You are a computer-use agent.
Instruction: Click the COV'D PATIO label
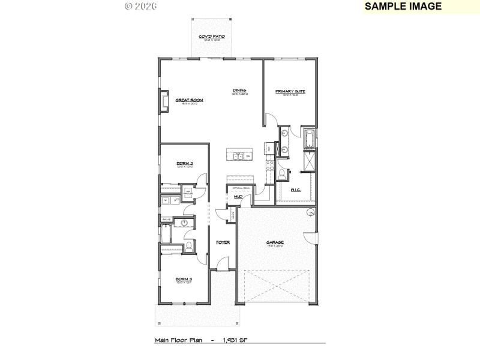click(x=212, y=37)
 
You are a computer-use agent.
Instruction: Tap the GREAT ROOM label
click(x=189, y=100)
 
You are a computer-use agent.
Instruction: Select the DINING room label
click(x=240, y=91)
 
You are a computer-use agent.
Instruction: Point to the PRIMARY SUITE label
click(x=290, y=91)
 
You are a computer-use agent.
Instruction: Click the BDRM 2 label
click(x=184, y=163)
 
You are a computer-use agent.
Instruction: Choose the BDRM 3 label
click(x=184, y=279)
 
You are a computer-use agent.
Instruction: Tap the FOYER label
click(x=223, y=242)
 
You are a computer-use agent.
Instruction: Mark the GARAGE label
click(x=275, y=243)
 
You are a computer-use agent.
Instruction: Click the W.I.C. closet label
click(x=295, y=190)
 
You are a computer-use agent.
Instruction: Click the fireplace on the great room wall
click(x=163, y=102)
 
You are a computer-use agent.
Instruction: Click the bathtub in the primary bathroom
click(x=309, y=140)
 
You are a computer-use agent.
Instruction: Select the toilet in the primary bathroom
click(x=281, y=174)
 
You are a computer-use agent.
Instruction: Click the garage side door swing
click(x=310, y=238)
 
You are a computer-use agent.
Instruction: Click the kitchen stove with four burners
click(x=269, y=162)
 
